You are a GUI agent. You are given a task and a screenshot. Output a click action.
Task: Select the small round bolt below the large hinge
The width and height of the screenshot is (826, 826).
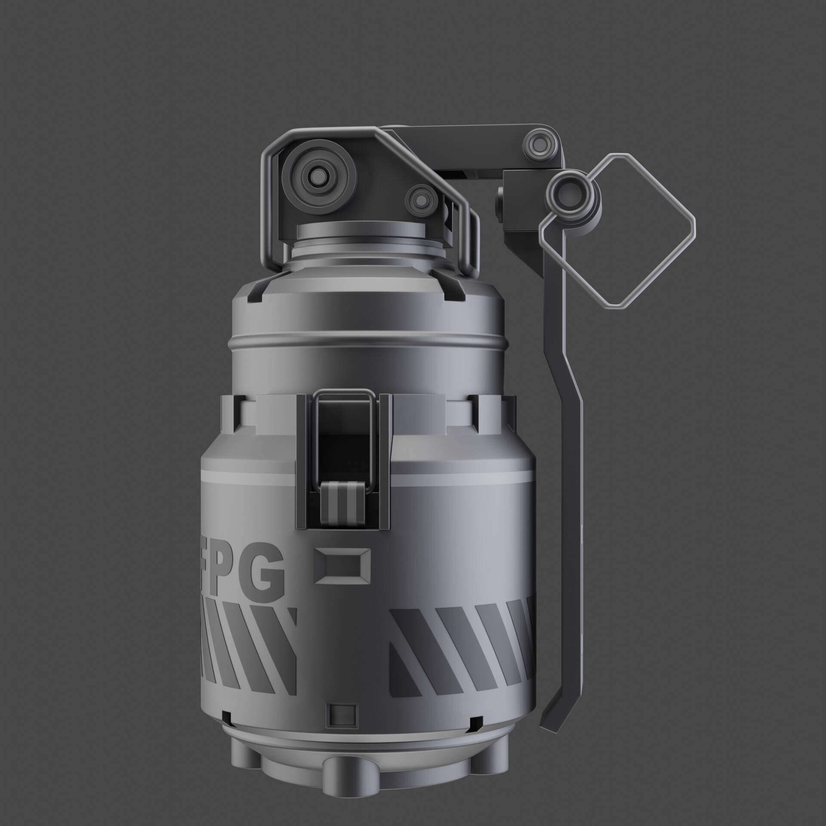point(419,199)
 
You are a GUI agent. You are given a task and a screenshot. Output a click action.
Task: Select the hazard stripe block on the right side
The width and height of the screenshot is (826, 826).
point(460,645)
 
